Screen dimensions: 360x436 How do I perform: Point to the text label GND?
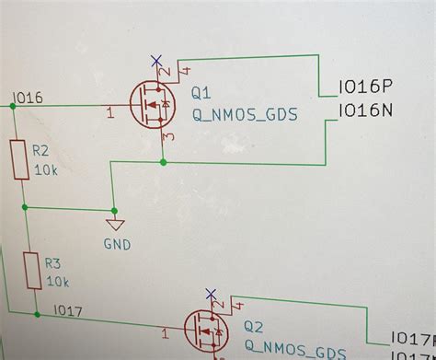coord(118,245)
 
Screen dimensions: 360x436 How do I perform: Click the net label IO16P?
coord(365,87)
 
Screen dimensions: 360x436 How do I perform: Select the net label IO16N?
coord(366,110)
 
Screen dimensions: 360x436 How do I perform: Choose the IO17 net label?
coord(68,311)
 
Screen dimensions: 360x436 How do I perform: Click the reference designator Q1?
coord(201,94)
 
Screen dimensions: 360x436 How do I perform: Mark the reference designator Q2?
coord(254,328)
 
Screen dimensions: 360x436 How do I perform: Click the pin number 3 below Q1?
coord(167,137)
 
